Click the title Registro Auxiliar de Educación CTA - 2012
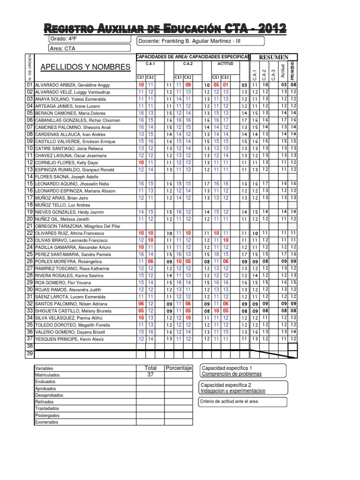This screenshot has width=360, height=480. click(165, 29)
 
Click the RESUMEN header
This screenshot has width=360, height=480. click(273, 57)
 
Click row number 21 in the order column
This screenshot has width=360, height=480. click(29, 226)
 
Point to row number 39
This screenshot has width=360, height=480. click(29, 354)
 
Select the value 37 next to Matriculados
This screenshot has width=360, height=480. click(150, 375)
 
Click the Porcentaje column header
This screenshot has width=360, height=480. click(179, 368)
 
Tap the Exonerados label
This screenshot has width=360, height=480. click(46, 422)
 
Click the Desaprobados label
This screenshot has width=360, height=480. click(49, 395)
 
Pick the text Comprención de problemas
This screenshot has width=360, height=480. click(231, 374)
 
